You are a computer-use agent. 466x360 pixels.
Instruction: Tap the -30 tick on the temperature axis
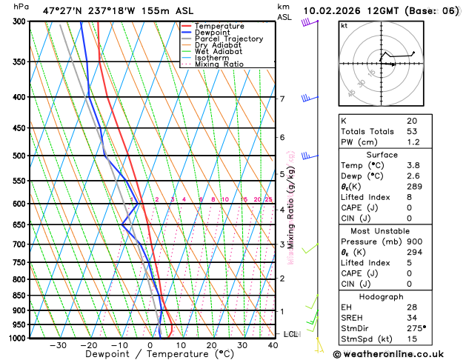coord(58,345)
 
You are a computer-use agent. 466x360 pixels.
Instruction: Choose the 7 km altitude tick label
coord(282,99)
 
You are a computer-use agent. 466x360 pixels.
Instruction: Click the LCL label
coord(290,334)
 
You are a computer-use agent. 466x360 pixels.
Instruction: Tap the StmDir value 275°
coord(415,327)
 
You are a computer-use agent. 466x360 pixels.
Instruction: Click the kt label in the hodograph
coord(344,25)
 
